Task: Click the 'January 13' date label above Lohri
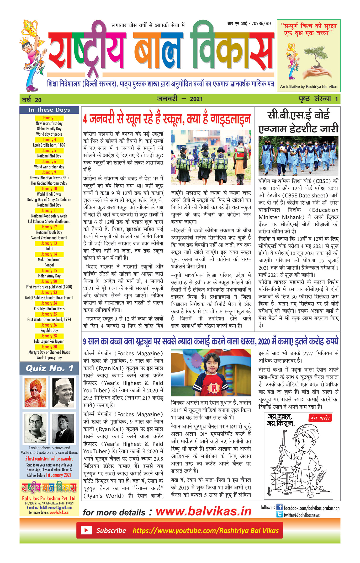tap(49, 243)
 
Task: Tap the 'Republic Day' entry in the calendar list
tap(49, 330)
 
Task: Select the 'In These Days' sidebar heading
tap(49, 110)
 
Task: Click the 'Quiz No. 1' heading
tap(49, 368)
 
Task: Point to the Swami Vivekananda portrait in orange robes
tap(35, 393)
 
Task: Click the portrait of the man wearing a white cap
tap(63, 393)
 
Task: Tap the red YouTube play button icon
tap(86, 530)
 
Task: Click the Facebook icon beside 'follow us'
tap(279, 507)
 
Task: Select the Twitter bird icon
tap(279, 514)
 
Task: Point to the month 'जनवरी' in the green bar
tap(167, 99)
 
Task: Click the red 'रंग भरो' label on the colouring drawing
tap(320, 418)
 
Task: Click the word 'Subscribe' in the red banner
tap(111, 530)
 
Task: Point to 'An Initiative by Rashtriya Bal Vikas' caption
tap(309, 87)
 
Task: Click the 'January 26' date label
tap(49, 325)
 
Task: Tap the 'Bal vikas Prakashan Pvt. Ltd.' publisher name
tap(49, 498)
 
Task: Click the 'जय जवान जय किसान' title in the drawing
tap(280, 420)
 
